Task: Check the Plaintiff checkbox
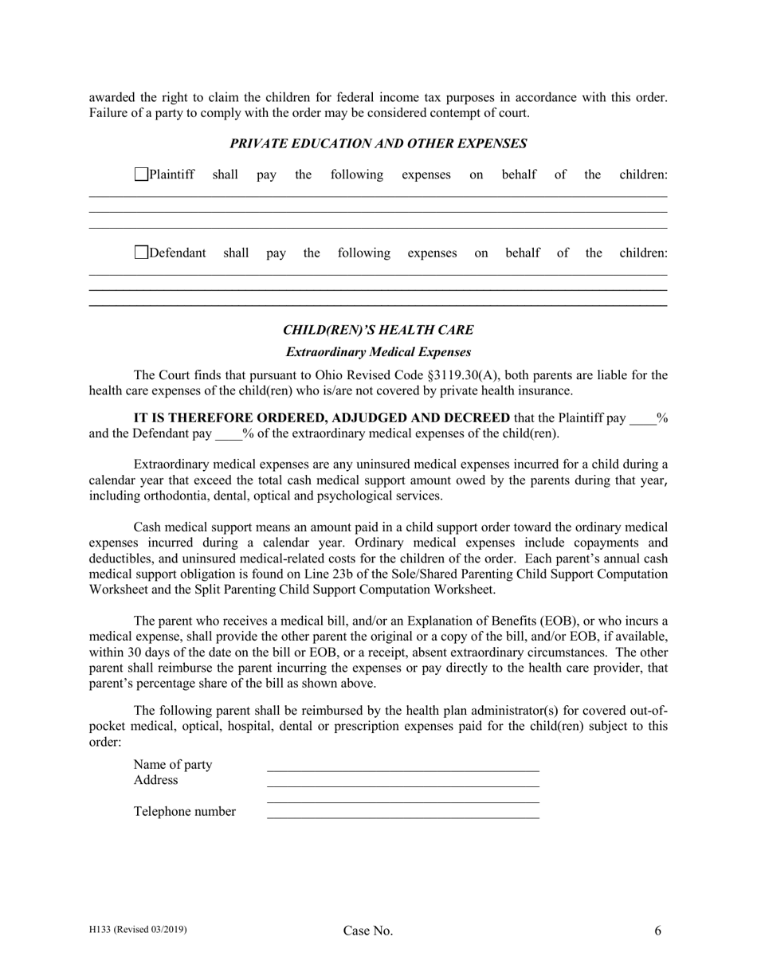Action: [x=141, y=174]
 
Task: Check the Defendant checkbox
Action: [x=141, y=253]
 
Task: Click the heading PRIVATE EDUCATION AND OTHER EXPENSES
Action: [x=378, y=144]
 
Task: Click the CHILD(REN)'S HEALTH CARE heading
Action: [x=378, y=330]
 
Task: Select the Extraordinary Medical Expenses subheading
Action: [x=378, y=351]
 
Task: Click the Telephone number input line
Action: [x=402, y=813]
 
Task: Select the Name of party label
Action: [x=173, y=765]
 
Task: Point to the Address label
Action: [x=155, y=780]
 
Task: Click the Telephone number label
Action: [x=184, y=812]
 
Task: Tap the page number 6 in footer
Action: [x=658, y=930]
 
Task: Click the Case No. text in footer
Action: [x=367, y=931]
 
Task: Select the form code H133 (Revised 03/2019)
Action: [x=138, y=929]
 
